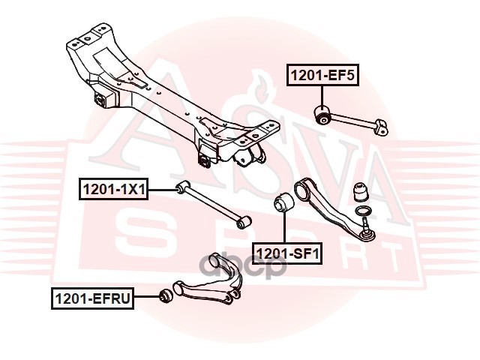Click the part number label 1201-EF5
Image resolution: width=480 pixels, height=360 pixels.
[322, 75]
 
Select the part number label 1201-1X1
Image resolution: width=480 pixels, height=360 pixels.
[113, 189]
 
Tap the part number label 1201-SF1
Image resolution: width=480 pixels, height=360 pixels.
[287, 253]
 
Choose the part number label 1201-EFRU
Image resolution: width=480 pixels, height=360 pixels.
[92, 298]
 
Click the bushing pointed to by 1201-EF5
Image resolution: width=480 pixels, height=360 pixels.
[323, 115]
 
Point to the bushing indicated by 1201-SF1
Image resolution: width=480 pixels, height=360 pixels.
[283, 202]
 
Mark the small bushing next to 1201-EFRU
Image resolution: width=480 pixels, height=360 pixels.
[166, 295]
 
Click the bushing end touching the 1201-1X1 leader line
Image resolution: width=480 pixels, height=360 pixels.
[183, 186]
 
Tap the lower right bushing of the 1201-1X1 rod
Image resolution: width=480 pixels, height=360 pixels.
[244, 222]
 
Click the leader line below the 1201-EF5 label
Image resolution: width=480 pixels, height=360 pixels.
[322, 96]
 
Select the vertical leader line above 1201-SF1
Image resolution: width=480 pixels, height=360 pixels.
[284, 226]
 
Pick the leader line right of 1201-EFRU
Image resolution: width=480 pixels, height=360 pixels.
[148, 297]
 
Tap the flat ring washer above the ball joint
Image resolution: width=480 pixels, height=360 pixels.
[363, 211]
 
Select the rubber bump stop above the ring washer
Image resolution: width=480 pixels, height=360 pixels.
[361, 193]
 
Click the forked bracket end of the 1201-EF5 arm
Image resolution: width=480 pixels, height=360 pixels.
[382, 127]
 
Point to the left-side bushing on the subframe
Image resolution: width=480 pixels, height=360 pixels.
[103, 97]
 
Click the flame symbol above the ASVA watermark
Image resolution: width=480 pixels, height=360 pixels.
[262, 87]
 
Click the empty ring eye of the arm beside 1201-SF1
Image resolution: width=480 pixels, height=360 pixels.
[301, 188]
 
